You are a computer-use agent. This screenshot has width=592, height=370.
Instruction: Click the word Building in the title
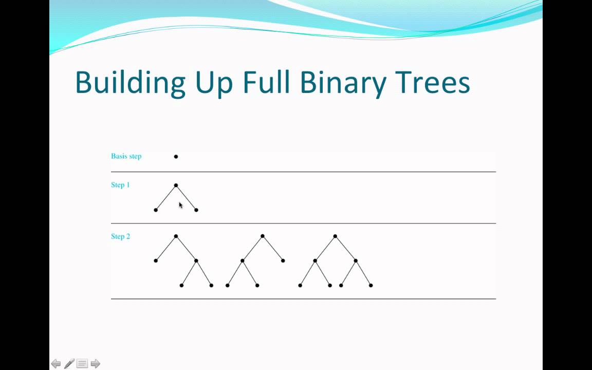pos(130,82)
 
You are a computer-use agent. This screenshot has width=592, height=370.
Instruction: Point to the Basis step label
pos(126,156)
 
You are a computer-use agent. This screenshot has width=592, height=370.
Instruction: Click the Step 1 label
pos(120,185)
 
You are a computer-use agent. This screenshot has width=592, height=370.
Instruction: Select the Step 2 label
pos(120,236)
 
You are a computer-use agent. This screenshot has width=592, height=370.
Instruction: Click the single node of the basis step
pos(176,157)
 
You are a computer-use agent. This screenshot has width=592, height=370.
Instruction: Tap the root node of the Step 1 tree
pos(176,186)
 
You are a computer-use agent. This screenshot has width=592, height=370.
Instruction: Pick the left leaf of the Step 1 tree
pos(156,210)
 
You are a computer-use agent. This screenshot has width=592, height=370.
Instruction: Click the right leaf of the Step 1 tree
pos(196,210)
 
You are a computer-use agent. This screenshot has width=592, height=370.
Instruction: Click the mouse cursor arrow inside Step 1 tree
pos(180,205)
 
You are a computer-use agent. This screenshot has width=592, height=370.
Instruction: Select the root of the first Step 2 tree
pos(176,236)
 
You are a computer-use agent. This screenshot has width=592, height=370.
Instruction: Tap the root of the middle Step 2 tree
pos(263,236)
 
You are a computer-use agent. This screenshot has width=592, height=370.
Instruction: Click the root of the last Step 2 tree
pos(335,236)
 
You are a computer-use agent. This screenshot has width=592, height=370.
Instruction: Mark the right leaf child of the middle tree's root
pos(283,261)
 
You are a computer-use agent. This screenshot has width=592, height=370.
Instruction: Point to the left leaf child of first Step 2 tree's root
pos(156,261)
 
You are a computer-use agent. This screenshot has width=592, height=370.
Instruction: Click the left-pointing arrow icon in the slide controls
pos(56,364)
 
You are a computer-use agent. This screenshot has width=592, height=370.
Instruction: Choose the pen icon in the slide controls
pos(69,364)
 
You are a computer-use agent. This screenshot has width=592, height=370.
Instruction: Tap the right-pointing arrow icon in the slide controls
pos(95,364)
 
